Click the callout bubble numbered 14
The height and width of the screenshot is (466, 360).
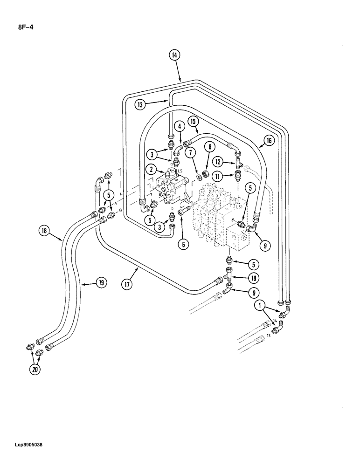(x=174, y=55)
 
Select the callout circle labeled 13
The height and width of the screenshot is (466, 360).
(x=139, y=105)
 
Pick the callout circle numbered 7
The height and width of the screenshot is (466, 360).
(x=190, y=153)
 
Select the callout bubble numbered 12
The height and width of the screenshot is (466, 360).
(x=218, y=162)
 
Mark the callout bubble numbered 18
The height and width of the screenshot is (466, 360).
(x=44, y=230)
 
